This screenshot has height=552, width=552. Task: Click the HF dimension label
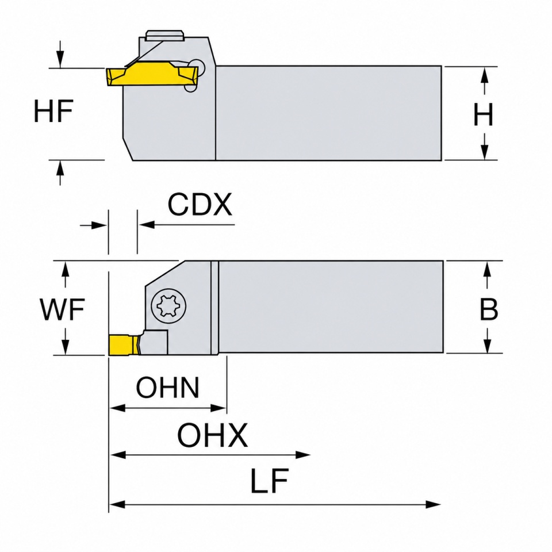point(53,110)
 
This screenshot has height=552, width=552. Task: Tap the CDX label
point(200,204)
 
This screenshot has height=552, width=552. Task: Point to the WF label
point(62,309)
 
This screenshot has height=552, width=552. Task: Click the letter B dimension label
point(489,309)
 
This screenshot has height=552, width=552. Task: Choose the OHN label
point(167,387)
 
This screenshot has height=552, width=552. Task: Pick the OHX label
point(212,435)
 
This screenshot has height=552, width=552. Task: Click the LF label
point(269,481)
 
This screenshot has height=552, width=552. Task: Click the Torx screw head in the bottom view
point(168,305)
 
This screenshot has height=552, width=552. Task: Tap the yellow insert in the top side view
point(151,74)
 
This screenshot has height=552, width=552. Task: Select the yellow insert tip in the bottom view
point(122,344)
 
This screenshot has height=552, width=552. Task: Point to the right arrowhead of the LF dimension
point(433,504)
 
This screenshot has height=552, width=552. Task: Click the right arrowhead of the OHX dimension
point(303,454)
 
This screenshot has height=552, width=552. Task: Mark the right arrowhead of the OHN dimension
point(218,408)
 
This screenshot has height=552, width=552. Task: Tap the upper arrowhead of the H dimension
point(485,75)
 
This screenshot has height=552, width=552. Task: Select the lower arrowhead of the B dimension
point(487,344)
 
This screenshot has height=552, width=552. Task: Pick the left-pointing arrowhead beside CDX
point(147,224)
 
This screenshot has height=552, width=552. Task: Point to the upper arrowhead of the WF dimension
point(65,270)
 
